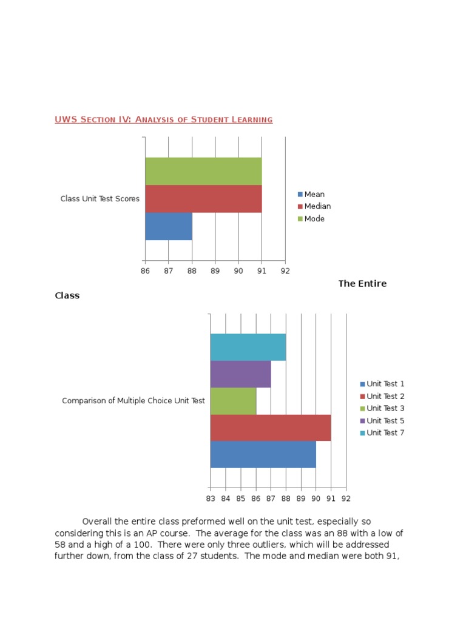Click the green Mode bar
point(203,171)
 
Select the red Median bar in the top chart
point(203,199)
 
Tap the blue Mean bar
point(169,226)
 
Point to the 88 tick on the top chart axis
point(192,271)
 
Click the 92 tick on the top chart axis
point(285,271)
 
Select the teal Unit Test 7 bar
point(248,347)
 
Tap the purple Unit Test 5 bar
point(240,374)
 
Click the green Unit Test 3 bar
point(233,401)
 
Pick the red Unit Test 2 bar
point(271,428)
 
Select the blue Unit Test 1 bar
point(263,454)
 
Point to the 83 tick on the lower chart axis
point(210,498)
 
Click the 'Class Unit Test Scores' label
point(100,199)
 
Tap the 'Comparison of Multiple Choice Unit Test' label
point(133,401)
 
